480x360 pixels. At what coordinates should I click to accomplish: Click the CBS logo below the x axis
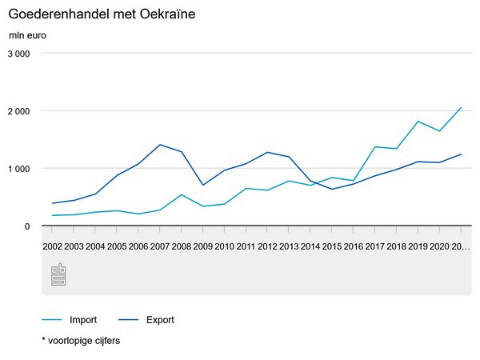point(58,274)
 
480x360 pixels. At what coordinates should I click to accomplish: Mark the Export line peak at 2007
point(161,145)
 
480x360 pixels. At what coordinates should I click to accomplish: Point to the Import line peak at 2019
point(418,122)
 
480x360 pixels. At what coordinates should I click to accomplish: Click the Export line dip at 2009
point(204,185)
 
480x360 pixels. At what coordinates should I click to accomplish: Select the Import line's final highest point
point(462,107)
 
